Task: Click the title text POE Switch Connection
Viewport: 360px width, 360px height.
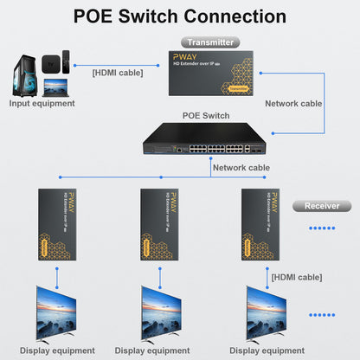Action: [x=179, y=16]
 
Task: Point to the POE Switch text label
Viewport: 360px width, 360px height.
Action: [x=206, y=113]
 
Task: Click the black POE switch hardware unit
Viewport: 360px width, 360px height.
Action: [x=203, y=140]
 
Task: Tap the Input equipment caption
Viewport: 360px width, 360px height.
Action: [x=42, y=104]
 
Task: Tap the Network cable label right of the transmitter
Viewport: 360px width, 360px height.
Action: [x=293, y=102]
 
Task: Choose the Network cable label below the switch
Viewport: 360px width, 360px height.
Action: [x=241, y=168]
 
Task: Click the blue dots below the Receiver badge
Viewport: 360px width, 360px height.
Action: [x=321, y=228]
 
